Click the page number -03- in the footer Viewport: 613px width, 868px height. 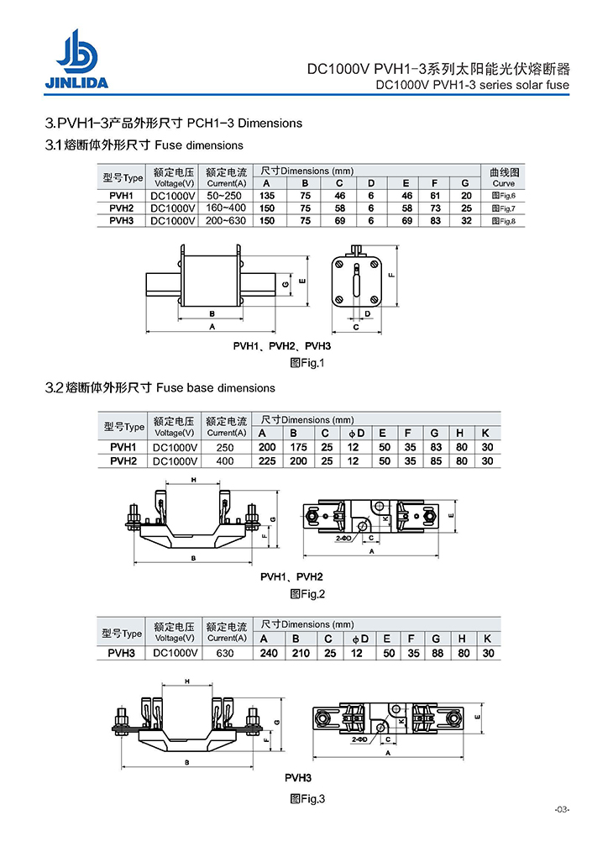pyautogui.click(x=562, y=810)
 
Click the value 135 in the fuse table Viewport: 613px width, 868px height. pyautogui.click(x=265, y=195)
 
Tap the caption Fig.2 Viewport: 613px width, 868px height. pyautogui.click(x=306, y=594)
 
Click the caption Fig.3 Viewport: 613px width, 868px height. pyautogui.click(x=306, y=798)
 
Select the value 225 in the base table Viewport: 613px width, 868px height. pyautogui.click(x=267, y=460)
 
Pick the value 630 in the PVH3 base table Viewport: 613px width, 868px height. pyautogui.click(x=225, y=653)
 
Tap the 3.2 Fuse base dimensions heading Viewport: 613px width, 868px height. pyautogui.click(x=160, y=388)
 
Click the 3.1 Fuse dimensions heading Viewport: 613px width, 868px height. pyautogui.click(x=144, y=145)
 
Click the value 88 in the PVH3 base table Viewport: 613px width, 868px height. pyautogui.click(x=436, y=653)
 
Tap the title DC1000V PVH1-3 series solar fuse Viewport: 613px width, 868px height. pyautogui.click(x=472, y=85)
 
